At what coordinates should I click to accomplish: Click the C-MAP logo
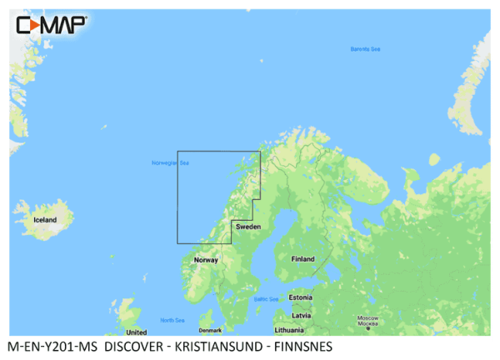51,25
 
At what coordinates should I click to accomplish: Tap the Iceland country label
44,220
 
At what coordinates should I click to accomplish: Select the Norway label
205,260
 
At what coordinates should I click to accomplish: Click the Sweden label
248,227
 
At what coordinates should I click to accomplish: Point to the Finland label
302,259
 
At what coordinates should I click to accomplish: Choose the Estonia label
300,297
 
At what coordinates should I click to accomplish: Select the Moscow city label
367,321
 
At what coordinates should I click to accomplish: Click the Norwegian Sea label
170,162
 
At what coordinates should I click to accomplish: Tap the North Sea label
172,320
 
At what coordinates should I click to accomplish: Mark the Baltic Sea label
266,298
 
